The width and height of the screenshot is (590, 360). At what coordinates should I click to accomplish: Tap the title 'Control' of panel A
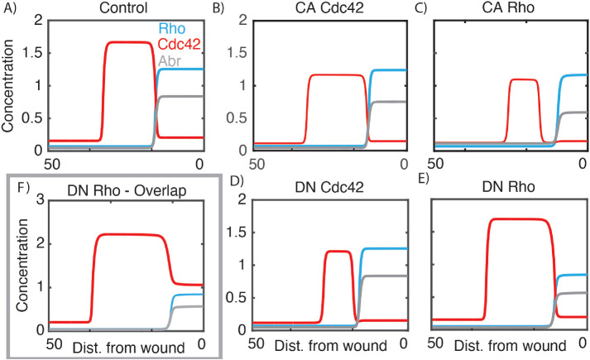(x=126, y=8)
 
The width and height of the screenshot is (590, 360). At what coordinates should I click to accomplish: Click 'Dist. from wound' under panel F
(x=125, y=345)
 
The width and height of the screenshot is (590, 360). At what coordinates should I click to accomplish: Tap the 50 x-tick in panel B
(x=257, y=163)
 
